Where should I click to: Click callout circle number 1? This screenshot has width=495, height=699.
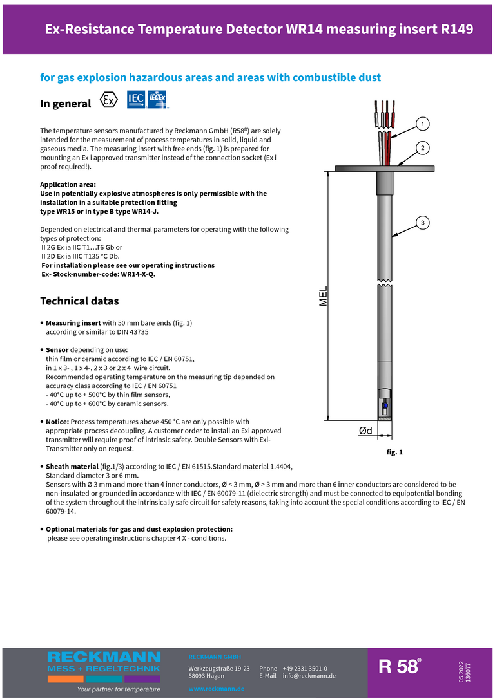pos(422,123)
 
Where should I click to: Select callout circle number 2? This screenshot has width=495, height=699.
pos(422,148)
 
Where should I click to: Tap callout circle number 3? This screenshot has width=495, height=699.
pos(422,223)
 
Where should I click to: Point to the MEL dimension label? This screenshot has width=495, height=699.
pos(324,296)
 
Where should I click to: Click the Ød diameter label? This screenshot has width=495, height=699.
pos(365,431)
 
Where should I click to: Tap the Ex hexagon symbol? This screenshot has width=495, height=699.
pos(110,100)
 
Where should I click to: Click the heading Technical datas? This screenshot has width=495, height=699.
pos(79,301)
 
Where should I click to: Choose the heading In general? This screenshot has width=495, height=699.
pos(66,104)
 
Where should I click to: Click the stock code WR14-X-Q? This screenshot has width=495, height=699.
pos(138,274)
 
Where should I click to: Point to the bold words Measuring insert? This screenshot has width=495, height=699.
pos(73,322)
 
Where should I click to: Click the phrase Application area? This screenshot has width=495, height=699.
pos(68,185)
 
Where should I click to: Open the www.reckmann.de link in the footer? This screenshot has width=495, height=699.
pos(216,689)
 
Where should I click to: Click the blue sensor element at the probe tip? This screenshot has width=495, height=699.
pos(385,406)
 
